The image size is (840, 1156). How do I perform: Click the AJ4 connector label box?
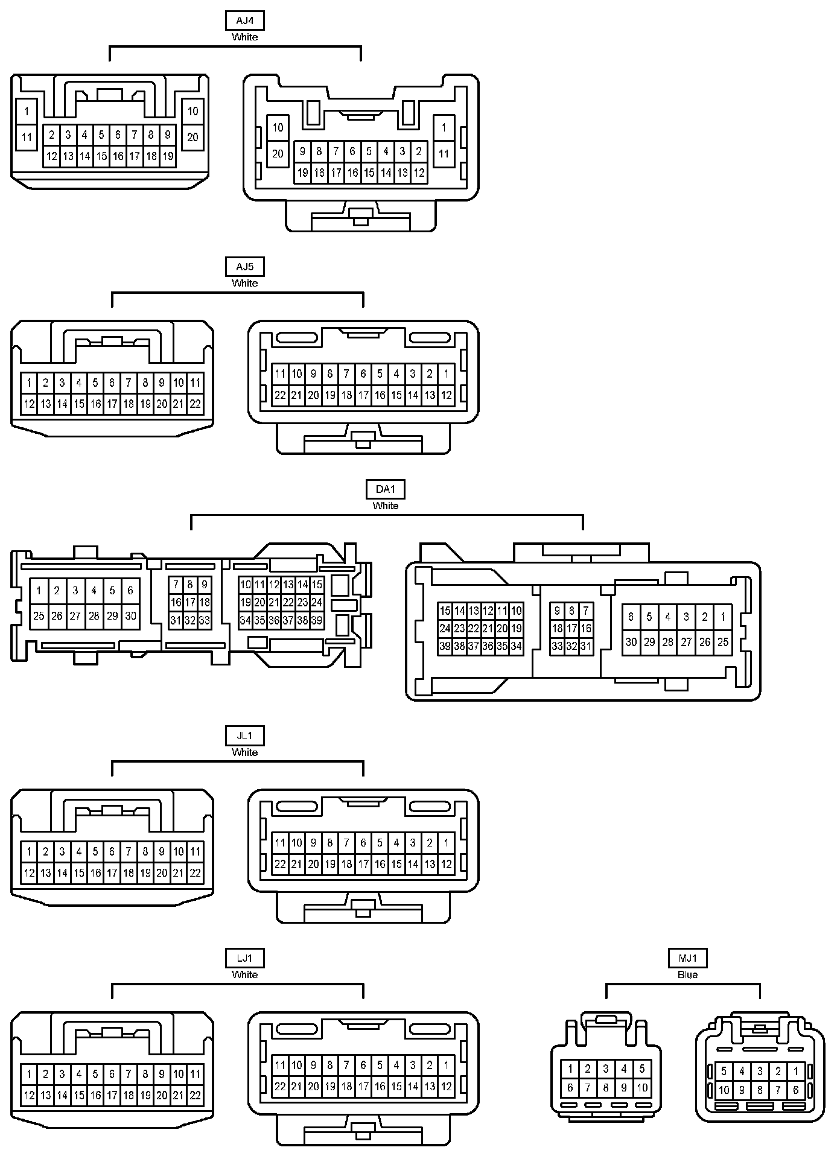[244, 21]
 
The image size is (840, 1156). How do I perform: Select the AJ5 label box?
[244, 267]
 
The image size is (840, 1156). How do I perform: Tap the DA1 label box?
[385, 489]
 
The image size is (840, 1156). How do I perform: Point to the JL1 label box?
[244, 735]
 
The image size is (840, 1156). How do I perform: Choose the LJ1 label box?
[244, 958]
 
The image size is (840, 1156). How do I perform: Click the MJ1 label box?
[687, 958]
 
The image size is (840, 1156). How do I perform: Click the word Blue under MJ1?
[687, 974]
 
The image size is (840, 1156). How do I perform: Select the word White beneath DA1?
[385, 506]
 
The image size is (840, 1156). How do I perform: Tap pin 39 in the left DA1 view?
[317, 620]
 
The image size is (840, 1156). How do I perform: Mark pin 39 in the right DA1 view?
[445, 646]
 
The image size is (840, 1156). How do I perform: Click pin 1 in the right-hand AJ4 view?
[444, 127]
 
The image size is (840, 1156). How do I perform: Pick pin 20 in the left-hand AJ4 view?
[192, 137]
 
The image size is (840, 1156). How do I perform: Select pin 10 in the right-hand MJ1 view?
[724, 1090]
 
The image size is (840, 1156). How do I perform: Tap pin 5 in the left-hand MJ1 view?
[641, 1069]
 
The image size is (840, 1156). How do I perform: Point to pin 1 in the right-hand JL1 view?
[446, 843]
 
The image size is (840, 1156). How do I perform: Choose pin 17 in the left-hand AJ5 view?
[112, 404]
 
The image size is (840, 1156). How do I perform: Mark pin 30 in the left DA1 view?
[130, 616]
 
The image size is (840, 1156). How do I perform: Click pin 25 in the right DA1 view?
[723, 642]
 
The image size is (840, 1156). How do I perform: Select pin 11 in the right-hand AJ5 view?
[280, 374]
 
